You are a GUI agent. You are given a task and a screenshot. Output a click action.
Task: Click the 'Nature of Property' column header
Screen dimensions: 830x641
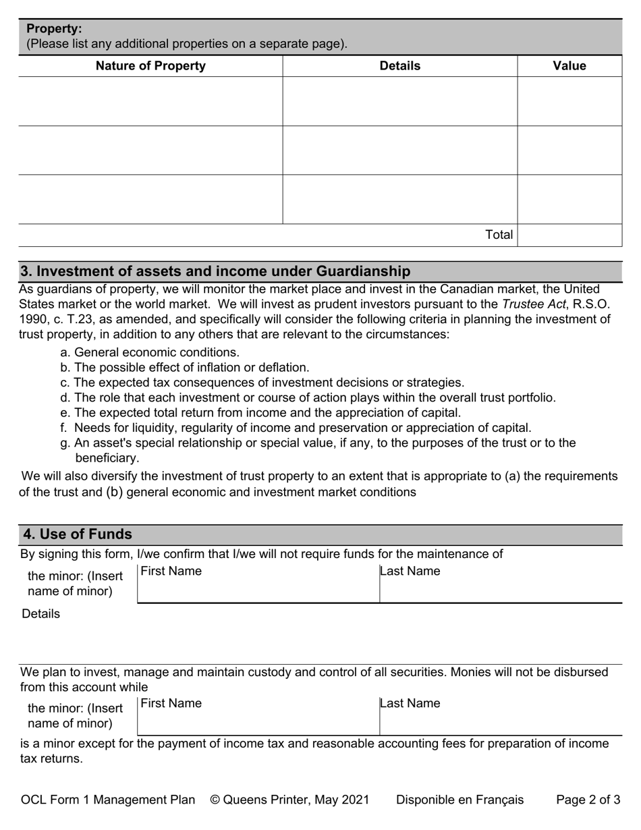click(x=150, y=65)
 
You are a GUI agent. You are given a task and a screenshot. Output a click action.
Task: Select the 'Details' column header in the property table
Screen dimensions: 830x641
click(x=399, y=65)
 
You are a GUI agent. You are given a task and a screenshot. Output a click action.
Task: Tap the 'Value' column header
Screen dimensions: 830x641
click(x=569, y=65)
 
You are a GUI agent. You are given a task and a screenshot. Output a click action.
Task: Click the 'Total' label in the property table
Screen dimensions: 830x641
click(x=499, y=235)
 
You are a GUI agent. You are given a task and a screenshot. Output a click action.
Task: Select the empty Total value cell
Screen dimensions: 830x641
click(x=569, y=235)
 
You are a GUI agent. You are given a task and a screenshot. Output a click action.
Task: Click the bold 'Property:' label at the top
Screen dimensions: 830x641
click(x=54, y=29)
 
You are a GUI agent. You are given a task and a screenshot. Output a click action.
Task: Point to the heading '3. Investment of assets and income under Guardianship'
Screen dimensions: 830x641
click(x=215, y=271)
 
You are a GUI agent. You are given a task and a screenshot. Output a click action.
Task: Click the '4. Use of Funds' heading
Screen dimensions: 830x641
click(x=78, y=534)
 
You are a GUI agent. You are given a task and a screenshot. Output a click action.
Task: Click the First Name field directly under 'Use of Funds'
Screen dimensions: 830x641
click(x=258, y=584)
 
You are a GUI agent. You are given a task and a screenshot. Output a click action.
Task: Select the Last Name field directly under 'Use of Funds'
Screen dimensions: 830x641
click(x=500, y=584)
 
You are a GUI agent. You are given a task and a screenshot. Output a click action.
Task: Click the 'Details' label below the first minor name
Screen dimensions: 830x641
click(x=40, y=613)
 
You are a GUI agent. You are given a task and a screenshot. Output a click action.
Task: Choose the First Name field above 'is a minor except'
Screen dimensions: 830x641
click(x=258, y=716)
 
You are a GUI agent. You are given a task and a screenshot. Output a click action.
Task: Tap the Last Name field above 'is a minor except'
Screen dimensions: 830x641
click(x=500, y=716)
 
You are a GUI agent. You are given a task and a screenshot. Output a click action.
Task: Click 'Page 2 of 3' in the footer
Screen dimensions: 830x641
click(x=588, y=800)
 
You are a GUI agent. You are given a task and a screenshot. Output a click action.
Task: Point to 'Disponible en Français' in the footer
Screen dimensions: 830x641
click(x=459, y=800)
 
